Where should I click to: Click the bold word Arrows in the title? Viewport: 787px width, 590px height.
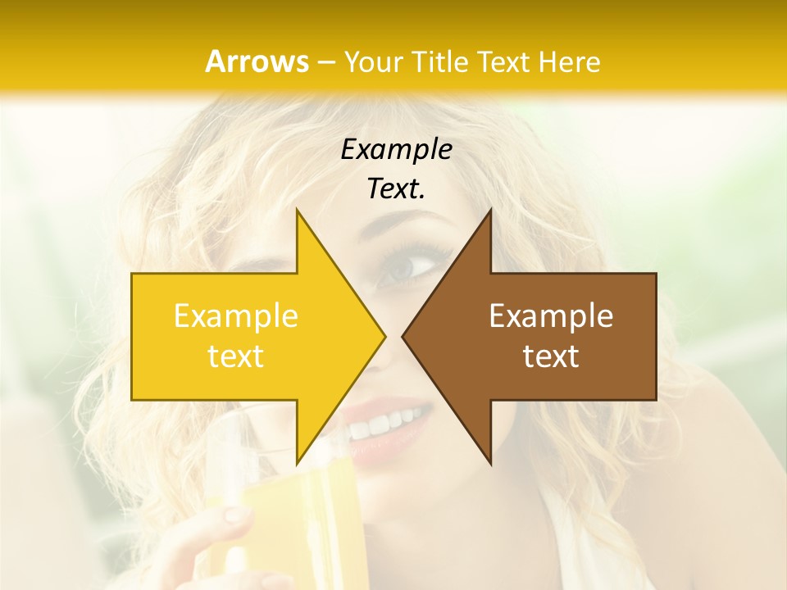click(257, 61)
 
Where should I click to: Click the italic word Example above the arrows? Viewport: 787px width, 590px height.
click(396, 149)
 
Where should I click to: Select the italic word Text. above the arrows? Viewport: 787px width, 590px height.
click(396, 189)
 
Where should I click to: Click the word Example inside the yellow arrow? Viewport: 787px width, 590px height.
click(235, 315)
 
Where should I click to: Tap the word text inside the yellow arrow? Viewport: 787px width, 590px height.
click(235, 356)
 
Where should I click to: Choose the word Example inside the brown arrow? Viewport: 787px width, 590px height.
click(551, 315)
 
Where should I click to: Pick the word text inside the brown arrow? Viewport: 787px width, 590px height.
click(551, 356)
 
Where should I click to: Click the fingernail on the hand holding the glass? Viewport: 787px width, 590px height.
click(237, 515)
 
